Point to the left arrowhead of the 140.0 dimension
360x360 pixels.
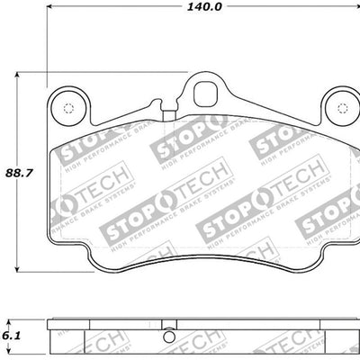pyautogui.click(x=50, y=6)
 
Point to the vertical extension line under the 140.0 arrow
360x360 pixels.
pyautogui.click(x=47, y=45)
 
